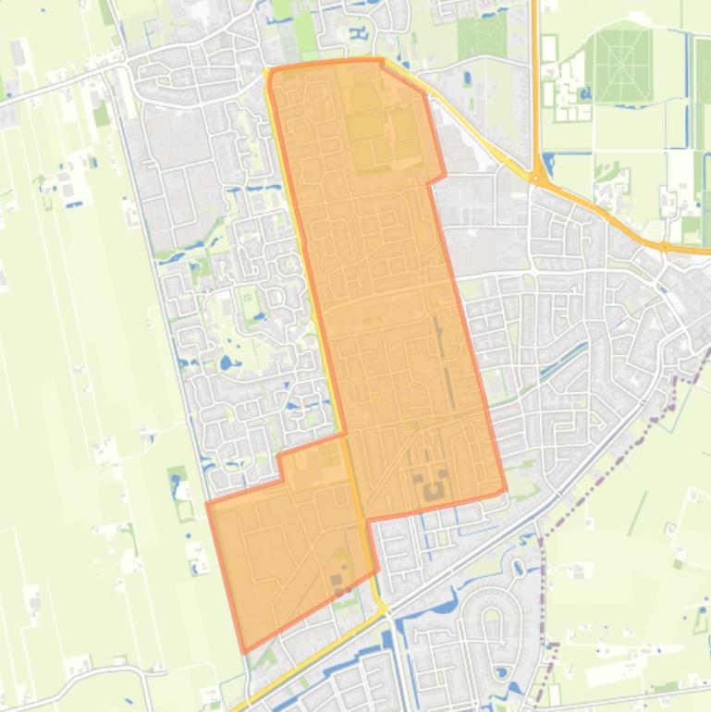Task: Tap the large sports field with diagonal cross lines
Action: (622, 66)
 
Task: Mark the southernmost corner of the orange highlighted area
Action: (245, 652)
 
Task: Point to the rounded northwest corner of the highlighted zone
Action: (271, 73)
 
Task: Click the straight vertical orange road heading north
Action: (534, 74)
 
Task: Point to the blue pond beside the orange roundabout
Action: (550, 165)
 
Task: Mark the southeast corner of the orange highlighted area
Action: (506, 490)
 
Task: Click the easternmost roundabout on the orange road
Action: (664, 247)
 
